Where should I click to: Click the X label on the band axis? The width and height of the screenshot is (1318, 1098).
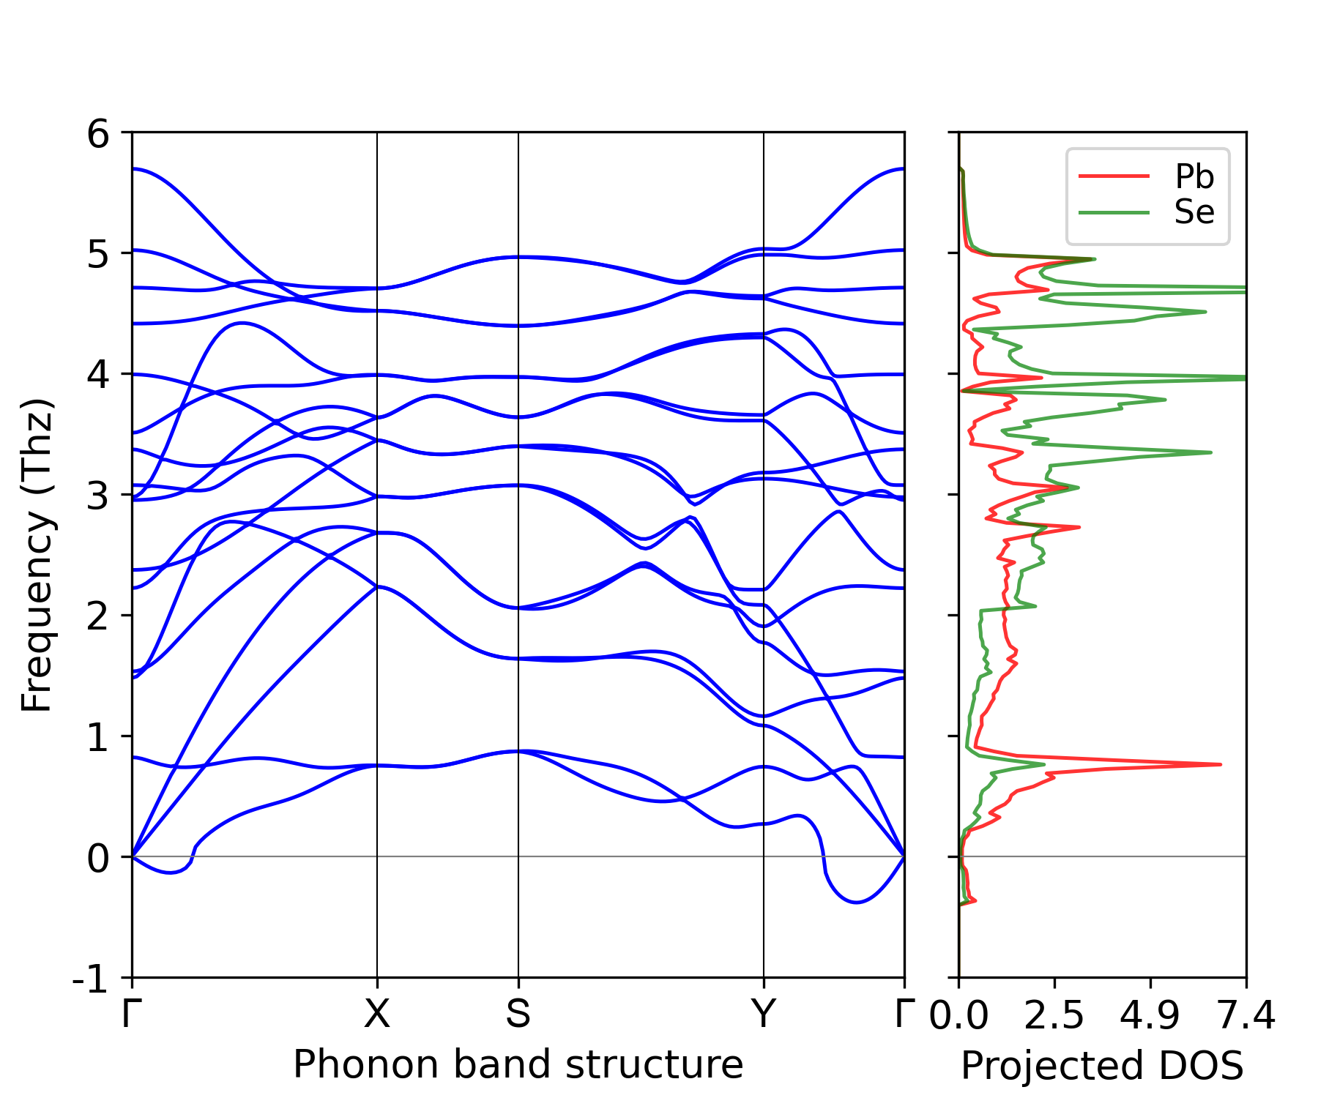click(377, 1015)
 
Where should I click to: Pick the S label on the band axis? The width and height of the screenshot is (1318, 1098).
click(518, 1015)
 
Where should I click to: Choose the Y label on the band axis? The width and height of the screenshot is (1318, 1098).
click(764, 1015)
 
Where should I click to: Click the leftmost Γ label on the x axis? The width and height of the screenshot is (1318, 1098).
click(131, 1015)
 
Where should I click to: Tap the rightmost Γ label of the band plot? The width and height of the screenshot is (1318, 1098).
click(905, 1015)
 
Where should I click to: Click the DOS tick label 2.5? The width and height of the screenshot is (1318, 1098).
click(1054, 1016)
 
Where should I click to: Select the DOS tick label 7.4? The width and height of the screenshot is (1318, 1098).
click(1246, 1016)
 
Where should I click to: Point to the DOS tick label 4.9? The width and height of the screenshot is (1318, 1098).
click(1150, 1016)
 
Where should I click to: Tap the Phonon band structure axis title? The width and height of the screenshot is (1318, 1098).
click(518, 1064)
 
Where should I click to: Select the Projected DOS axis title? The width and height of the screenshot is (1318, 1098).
click(1102, 1066)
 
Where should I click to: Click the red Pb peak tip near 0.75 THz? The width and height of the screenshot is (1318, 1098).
click(1221, 764)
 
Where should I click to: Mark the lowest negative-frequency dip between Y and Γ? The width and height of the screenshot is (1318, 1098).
click(856, 902)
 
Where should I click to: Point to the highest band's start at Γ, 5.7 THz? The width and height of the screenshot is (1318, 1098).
click(133, 169)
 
